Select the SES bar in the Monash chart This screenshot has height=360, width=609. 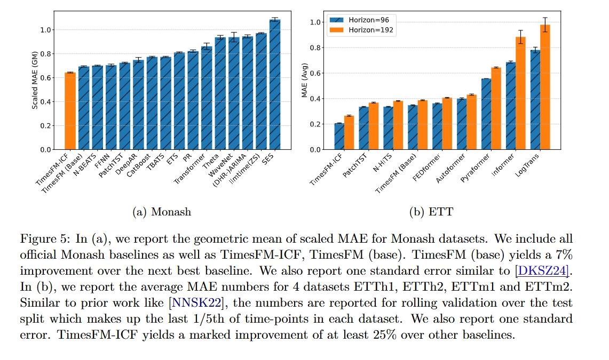tap(275, 85)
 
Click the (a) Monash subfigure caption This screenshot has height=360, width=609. tap(161, 212)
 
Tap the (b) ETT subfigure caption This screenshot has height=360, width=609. tap(431, 212)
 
